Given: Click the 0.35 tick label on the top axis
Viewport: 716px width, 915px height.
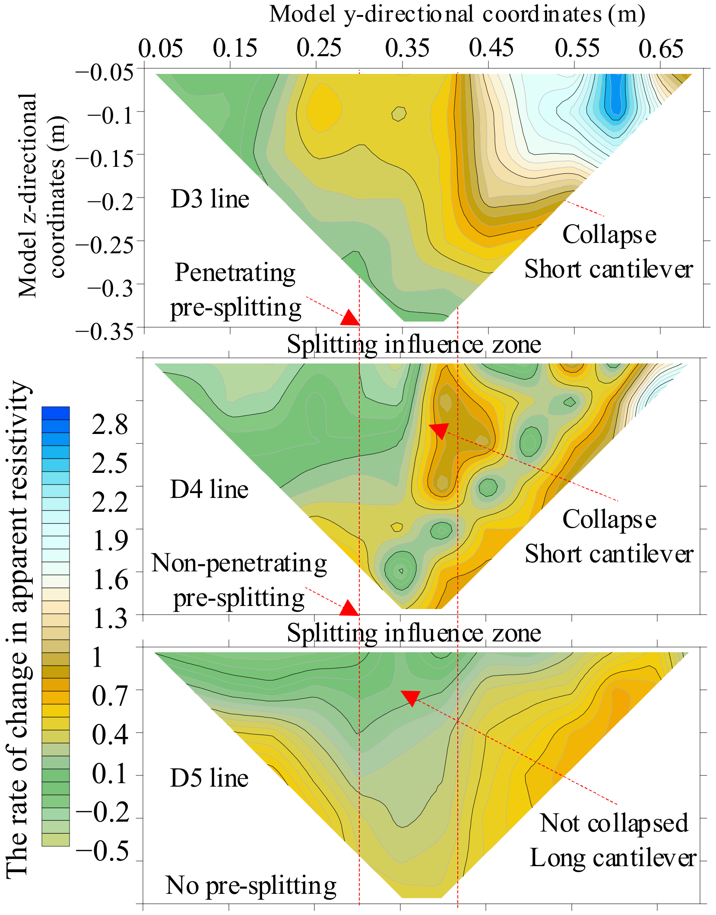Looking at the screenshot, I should (407, 48).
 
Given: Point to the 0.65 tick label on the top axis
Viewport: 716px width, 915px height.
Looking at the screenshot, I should (661, 48).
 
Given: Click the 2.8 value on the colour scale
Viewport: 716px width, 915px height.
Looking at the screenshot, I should (110, 424).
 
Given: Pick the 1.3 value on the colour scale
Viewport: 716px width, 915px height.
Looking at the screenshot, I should (111, 618).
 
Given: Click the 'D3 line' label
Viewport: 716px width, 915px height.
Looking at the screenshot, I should (210, 199).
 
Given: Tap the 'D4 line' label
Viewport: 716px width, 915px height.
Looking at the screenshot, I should (209, 489).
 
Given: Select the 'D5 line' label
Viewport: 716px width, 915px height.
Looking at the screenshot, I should (209, 778).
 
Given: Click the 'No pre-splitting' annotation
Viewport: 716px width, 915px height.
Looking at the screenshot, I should (251, 885).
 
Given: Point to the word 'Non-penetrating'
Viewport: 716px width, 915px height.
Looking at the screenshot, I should (239, 564).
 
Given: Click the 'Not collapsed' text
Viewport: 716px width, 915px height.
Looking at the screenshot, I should (614, 823).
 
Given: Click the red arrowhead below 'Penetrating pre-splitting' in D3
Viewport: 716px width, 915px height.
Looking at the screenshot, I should (350, 319).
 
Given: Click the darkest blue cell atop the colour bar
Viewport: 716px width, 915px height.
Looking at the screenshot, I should (55, 413).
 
